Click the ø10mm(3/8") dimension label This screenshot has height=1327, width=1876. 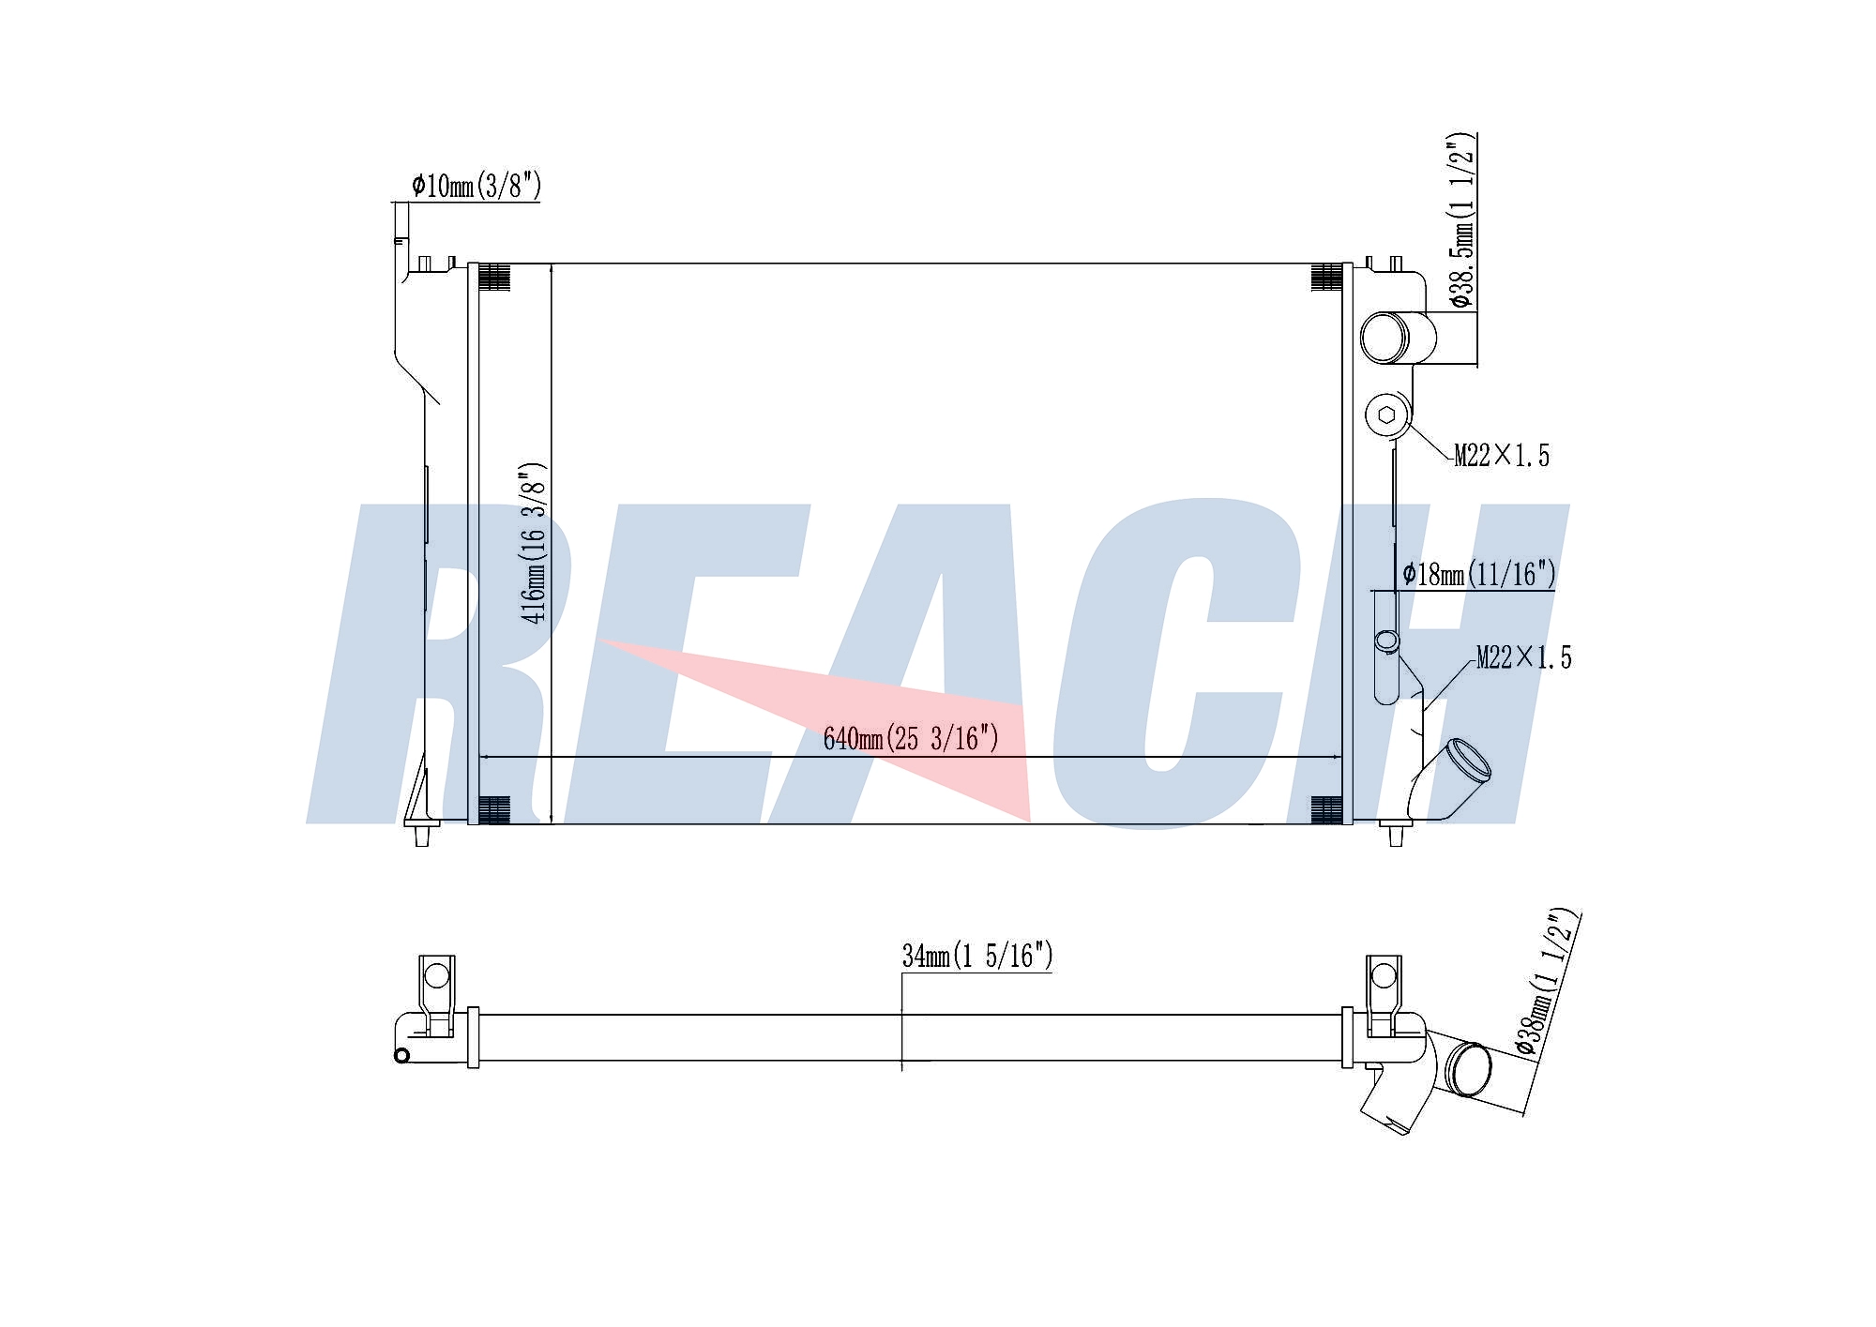pyautogui.click(x=477, y=186)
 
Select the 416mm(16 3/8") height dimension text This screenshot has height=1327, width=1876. pyautogui.click(x=534, y=543)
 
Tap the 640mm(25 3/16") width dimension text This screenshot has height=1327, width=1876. pyautogui.click(x=911, y=739)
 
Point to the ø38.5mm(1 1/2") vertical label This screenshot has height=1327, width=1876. pyautogui.click(x=1462, y=221)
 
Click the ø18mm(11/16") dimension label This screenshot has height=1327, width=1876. pyautogui.click(x=1479, y=573)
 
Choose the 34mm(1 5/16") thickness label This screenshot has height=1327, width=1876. pyautogui.click(x=977, y=956)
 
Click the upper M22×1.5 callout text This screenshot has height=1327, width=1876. pyautogui.click(x=1502, y=456)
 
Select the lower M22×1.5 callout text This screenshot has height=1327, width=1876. pyautogui.click(x=1523, y=657)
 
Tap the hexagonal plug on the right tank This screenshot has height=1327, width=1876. pyautogui.click(x=1388, y=415)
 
